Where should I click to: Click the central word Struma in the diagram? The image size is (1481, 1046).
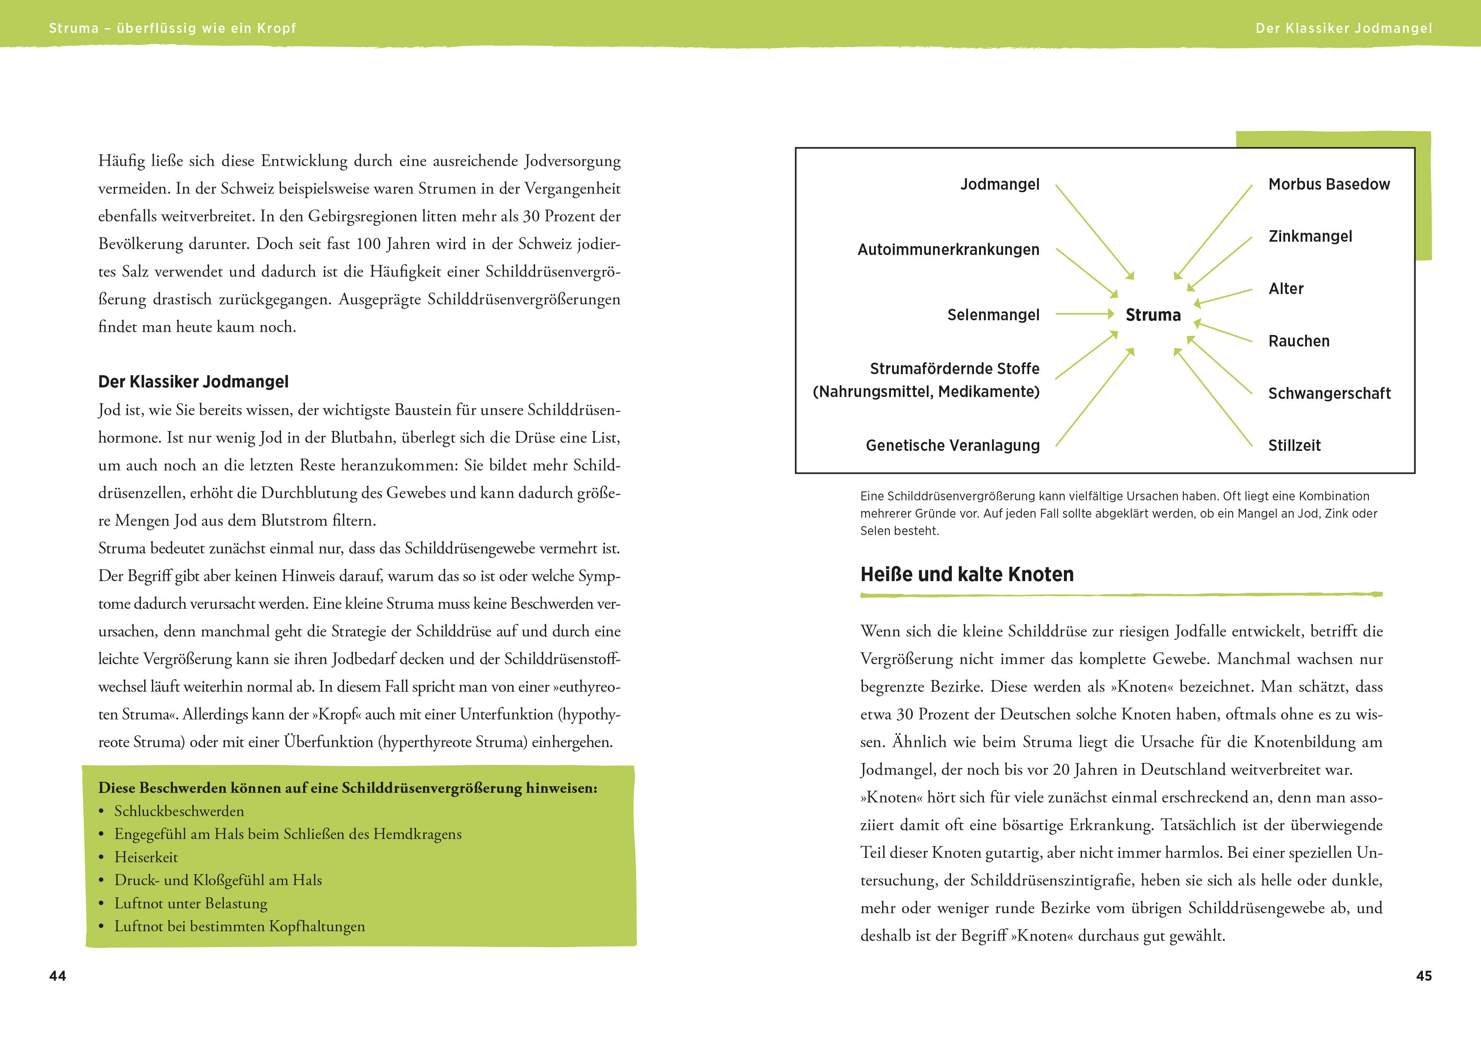[x=1153, y=315]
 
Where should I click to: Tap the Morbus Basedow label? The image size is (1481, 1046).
[x=1329, y=184]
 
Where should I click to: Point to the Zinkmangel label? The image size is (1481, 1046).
[x=1310, y=237]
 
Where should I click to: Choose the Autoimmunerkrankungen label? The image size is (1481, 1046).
[x=948, y=250]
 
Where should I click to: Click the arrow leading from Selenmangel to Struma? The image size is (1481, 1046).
[x=1084, y=314]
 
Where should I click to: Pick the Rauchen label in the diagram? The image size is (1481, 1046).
[x=1298, y=341]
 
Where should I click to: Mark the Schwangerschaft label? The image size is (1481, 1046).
[x=1329, y=394]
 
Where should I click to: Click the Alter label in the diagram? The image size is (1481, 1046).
[x=1286, y=289]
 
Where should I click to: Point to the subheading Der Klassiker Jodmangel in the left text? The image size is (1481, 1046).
[x=193, y=382]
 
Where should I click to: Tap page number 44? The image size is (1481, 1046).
[x=58, y=976]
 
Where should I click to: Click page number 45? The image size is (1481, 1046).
[x=1423, y=976]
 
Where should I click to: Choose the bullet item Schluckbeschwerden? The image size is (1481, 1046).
[x=179, y=811]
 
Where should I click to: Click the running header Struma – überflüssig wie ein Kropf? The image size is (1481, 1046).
[x=172, y=28]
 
